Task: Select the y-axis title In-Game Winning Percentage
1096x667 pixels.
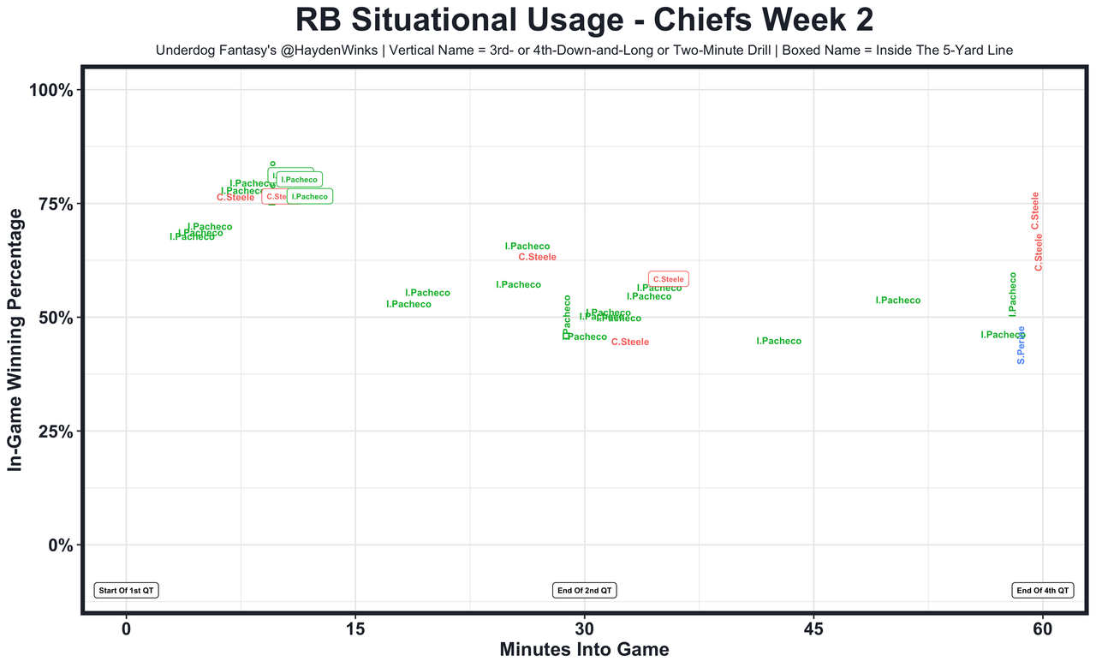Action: (x=15, y=340)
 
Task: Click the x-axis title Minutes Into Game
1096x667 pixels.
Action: (x=584, y=649)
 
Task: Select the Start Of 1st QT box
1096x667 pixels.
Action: (x=127, y=590)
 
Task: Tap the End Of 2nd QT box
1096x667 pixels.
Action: (x=585, y=590)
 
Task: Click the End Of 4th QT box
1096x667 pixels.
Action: (x=1042, y=590)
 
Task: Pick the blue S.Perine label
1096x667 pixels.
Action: (x=1021, y=345)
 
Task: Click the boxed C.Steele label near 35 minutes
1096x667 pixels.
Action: (x=669, y=279)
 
